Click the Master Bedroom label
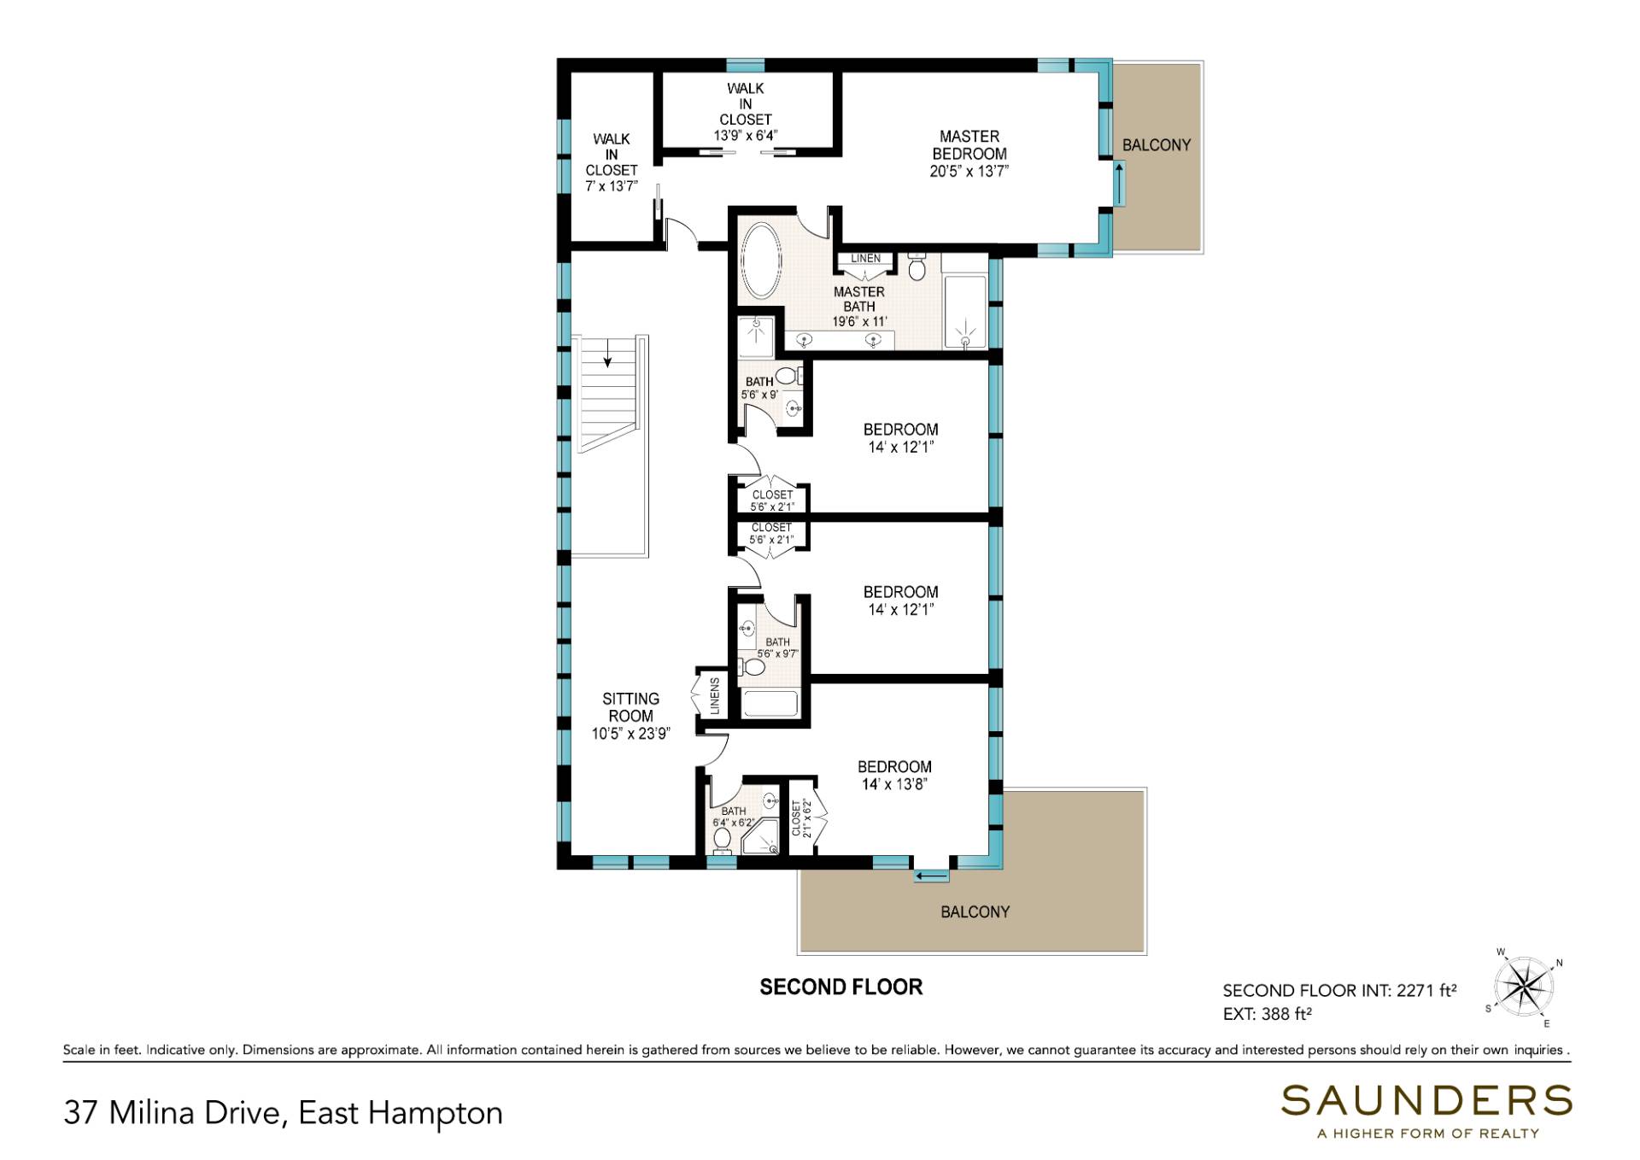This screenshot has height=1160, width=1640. pyautogui.click(x=969, y=154)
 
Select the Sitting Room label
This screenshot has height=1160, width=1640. pyautogui.click(x=631, y=716)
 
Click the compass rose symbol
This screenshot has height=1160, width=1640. pyautogui.click(x=1526, y=987)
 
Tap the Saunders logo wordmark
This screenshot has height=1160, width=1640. pyautogui.click(x=1426, y=1101)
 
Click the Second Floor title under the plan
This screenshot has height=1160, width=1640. pyautogui.click(x=841, y=987)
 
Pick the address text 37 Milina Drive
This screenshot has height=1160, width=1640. pyautogui.click(x=172, y=1113)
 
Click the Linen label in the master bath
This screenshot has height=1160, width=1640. pyautogui.click(x=865, y=259)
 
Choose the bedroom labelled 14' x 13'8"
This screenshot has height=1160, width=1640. pyautogui.click(x=894, y=776)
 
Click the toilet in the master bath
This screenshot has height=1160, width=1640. pyautogui.click(x=917, y=267)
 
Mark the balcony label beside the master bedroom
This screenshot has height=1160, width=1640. pyautogui.click(x=1157, y=145)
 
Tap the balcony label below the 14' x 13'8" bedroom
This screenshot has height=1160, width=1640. pyautogui.click(x=975, y=912)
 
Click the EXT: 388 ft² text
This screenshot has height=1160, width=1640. pyautogui.click(x=1268, y=1014)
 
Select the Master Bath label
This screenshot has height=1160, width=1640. pyautogui.click(x=859, y=307)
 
